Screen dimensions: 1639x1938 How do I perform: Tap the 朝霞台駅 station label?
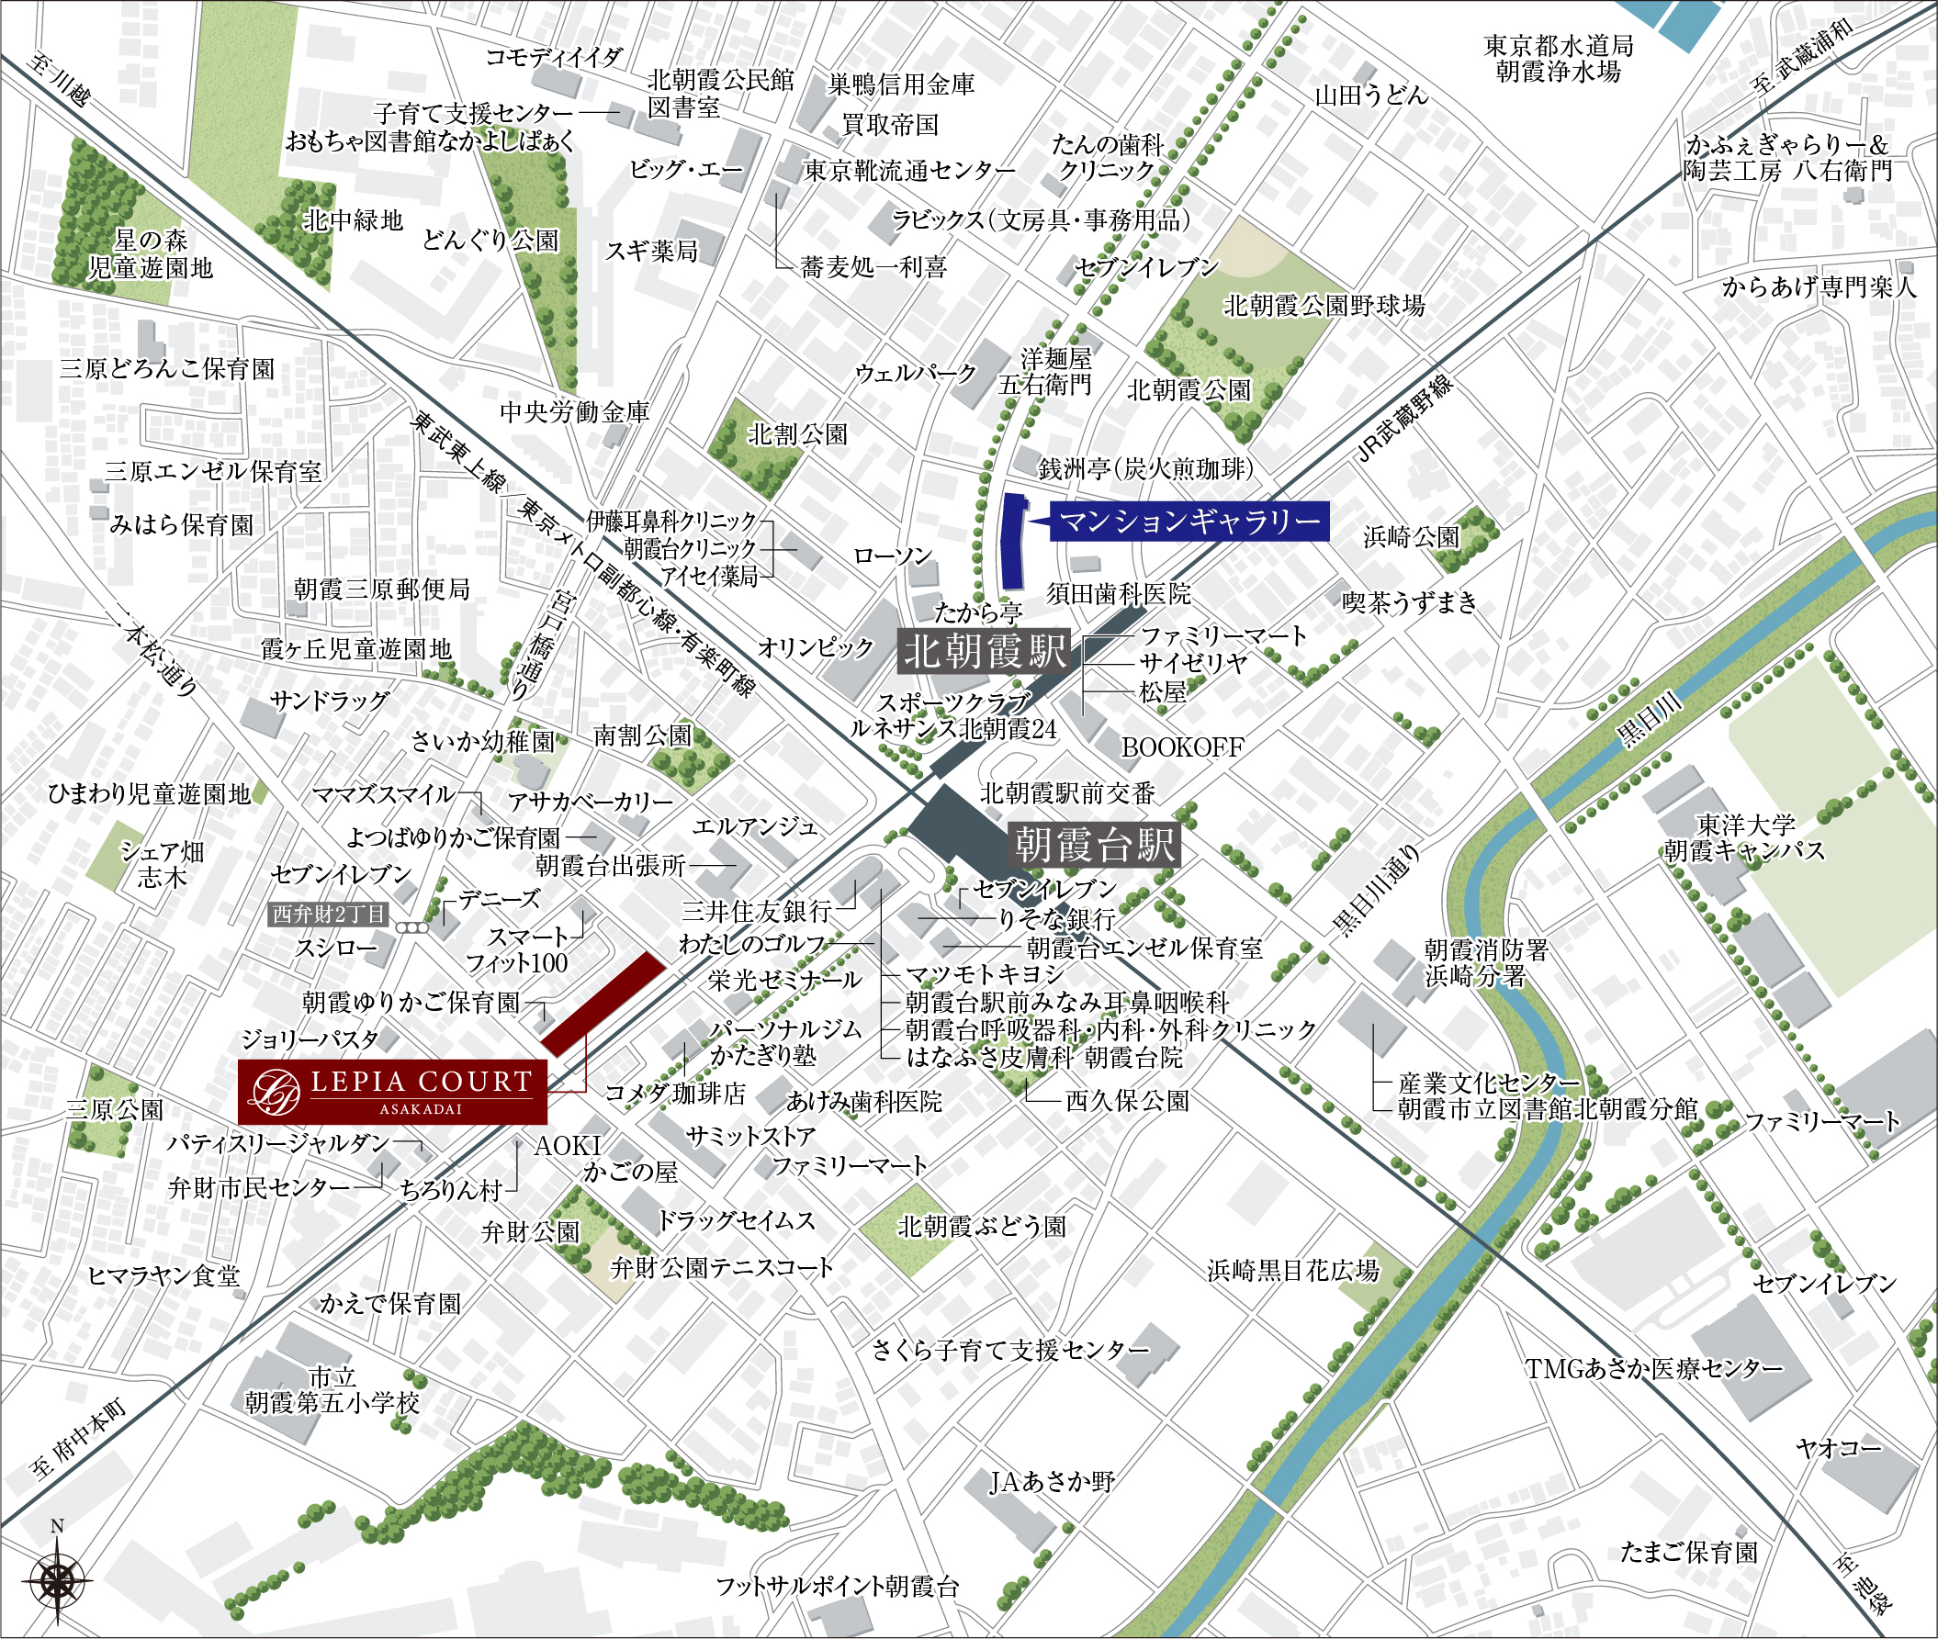[x=1094, y=845]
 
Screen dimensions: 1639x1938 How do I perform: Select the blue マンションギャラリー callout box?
[x=1189, y=522]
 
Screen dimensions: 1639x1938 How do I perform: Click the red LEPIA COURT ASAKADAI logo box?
[x=392, y=1091]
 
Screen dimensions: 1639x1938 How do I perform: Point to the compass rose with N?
[x=57, y=1578]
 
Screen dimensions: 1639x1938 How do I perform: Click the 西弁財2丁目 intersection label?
[x=329, y=915]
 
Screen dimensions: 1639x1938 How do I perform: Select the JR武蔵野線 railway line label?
[x=1403, y=418]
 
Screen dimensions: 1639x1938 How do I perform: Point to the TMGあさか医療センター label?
[x=1653, y=1368]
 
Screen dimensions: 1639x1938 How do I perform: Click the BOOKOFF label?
[x=1181, y=747]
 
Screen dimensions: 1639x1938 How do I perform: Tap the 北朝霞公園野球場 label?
[x=1324, y=305]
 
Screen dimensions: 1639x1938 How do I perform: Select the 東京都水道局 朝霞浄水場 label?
[x=1558, y=58]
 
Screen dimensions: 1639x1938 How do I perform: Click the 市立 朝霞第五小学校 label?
[x=332, y=1390]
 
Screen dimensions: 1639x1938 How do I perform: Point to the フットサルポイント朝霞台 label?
[x=837, y=1587]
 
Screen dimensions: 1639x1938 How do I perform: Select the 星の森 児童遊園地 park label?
[x=151, y=254]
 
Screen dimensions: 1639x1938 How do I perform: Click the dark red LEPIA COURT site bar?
[x=603, y=1004]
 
